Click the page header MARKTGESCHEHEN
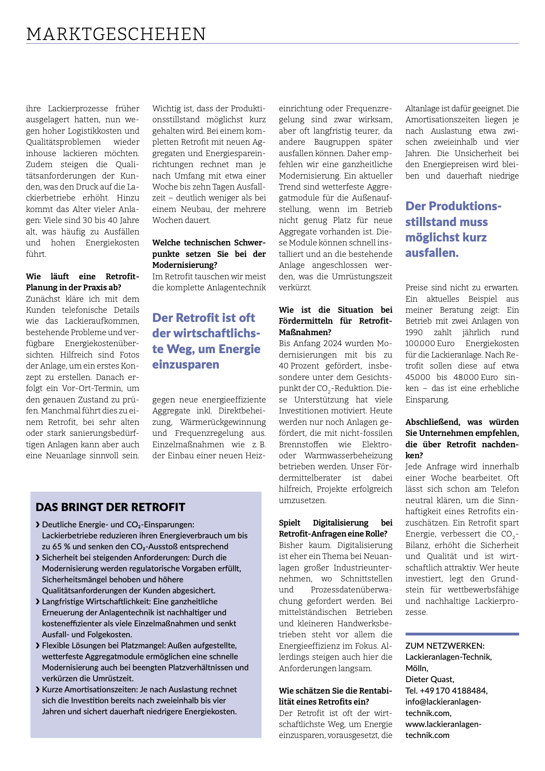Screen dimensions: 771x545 tap(116, 34)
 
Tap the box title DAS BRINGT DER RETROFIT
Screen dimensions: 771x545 tap(110, 507)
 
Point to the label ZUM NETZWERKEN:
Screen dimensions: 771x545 tap(445, 646)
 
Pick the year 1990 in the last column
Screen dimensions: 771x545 tap(414, 333)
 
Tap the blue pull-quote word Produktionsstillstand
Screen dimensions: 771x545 tap(453, 206)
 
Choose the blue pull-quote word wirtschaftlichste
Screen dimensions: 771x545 tap(206, 333)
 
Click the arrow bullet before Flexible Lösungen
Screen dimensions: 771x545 tap(38, 646)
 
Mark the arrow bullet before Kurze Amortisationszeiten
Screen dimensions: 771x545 tap(38, 690)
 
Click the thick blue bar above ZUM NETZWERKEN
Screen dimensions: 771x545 tap(462, 634)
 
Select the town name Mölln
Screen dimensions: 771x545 tap(416, 668)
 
